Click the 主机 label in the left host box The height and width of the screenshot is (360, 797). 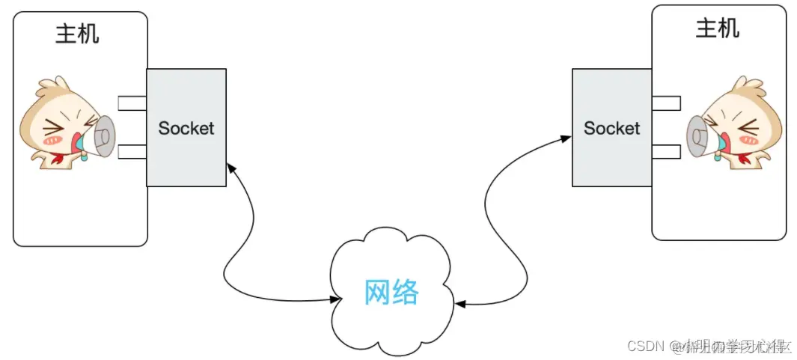click(x=77, y=34)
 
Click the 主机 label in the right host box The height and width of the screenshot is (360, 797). click(x=718, y=28)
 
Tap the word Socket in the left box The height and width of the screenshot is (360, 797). click(x=186, y=128)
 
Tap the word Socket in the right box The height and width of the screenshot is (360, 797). click(x=611, y=128)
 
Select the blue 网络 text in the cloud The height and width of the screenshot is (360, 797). click(x=391, y=293)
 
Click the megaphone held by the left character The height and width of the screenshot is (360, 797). click(x=100, y=137)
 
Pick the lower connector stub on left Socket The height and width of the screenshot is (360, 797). click(x=132, y=152)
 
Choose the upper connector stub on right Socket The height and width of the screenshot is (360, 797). click(x=665, y=103)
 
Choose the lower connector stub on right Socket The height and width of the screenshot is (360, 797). click(x=665, y=151)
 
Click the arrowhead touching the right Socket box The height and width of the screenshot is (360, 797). click(x=567, y=138)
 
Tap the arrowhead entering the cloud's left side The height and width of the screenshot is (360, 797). click(x=335, y=299)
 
